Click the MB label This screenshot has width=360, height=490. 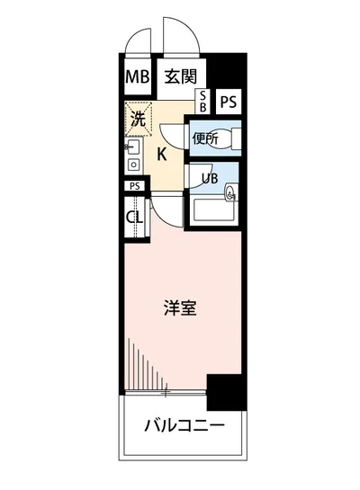(x=138, y=76)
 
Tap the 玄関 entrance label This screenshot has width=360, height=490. (x=180, y=76)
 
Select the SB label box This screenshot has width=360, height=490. (x=202, y=101)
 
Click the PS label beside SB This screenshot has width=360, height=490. (x=228, y=102)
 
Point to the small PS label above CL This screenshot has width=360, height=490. (x=134, y=186)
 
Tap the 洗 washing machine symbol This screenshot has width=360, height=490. (x=139, y=118)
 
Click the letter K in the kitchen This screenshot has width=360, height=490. (x=162, y=154)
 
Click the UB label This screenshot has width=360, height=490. (x=208, y=177)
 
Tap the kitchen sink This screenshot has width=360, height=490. (x=132, y=147)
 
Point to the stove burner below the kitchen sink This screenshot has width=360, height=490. (x=132, y=165)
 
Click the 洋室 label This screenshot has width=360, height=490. (x=181, y=307)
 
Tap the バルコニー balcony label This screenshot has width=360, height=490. (x=183, y=424)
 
